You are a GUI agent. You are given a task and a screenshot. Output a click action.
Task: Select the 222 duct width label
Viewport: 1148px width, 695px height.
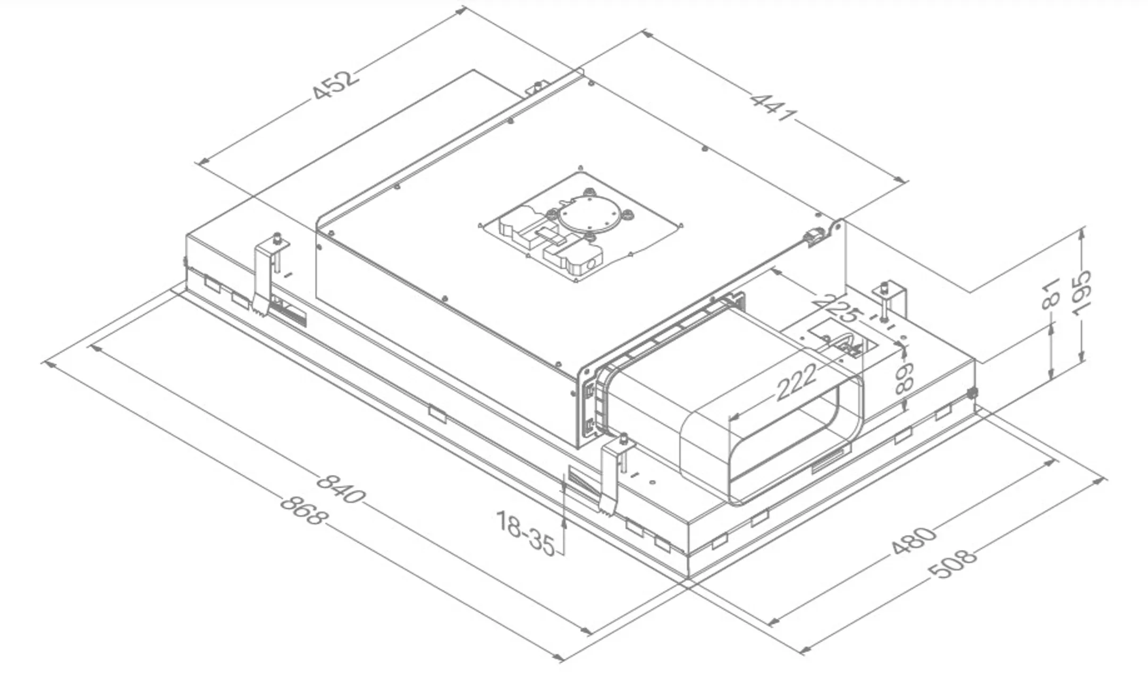pyautogui.click(x=796, y=382)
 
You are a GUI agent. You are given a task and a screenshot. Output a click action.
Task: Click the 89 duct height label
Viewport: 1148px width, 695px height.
pyautogui.click(x=904, y=378)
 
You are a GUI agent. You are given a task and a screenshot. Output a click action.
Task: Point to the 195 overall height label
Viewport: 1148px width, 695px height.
pyautogui.click(x=1081, y=293)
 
